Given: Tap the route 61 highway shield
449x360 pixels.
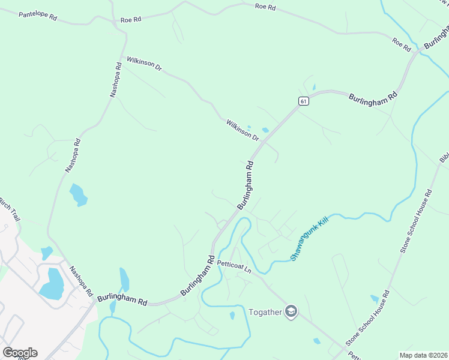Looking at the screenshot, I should click(x=304, y=101).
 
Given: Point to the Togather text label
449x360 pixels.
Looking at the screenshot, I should click(x=265, y=312).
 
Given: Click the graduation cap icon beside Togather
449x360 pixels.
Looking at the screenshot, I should click(x=291, y=312).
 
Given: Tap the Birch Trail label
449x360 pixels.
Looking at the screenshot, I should click(x=10, y=208).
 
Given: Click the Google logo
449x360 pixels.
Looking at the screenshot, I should click(x=20, y=353).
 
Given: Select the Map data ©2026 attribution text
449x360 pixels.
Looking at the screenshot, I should click(x=423, y=355).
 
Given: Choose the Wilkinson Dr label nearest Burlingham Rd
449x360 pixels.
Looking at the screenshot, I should click(x=243, y=131).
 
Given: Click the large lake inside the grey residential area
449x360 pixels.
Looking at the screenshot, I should click(x=52, y=284).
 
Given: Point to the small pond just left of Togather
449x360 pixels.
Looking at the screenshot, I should click(x=232, y=316).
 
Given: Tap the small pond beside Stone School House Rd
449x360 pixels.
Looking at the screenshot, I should click(x=375, y=298).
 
